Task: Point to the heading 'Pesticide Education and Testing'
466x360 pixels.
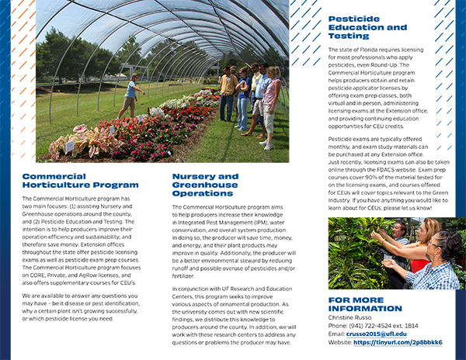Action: (x=367, y=26)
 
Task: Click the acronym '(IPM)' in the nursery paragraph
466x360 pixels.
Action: (x=258, y=223)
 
